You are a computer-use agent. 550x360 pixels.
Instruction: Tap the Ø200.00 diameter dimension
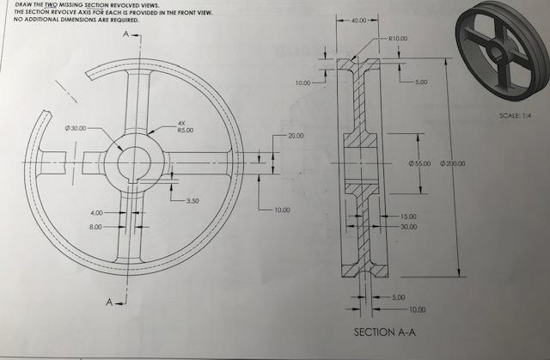[453, 162]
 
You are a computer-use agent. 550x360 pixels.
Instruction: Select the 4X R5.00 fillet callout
[185, 127]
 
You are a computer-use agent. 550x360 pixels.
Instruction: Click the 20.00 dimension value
[296, 137]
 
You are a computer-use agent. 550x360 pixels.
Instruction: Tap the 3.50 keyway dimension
[192, 201]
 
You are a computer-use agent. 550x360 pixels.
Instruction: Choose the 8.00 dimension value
[96, 227]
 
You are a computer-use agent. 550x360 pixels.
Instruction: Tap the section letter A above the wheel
[126, 34]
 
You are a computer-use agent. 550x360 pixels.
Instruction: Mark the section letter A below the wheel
[109, 303]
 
